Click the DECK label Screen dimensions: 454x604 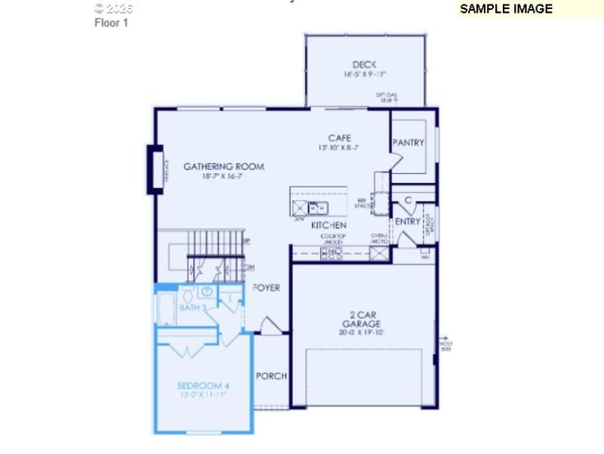coord(364,65)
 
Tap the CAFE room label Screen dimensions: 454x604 coord(339,138)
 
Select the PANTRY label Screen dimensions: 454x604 coord(408,143)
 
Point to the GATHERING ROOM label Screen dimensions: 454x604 coord(223,166)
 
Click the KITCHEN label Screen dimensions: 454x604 coord(328,225)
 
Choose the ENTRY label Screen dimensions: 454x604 coord(408,221)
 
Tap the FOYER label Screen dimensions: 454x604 coord(267,288)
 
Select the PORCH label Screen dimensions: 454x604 coord(271,376)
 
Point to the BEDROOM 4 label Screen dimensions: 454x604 coord(203,386)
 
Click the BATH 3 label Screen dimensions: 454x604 coord(193,307)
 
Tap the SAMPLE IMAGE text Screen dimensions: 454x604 coord(506,9)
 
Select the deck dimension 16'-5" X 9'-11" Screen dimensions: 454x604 coord(364,75)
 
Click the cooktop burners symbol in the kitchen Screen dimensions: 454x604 coord(331,252)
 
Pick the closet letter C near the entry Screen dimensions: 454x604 coord(408,200)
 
